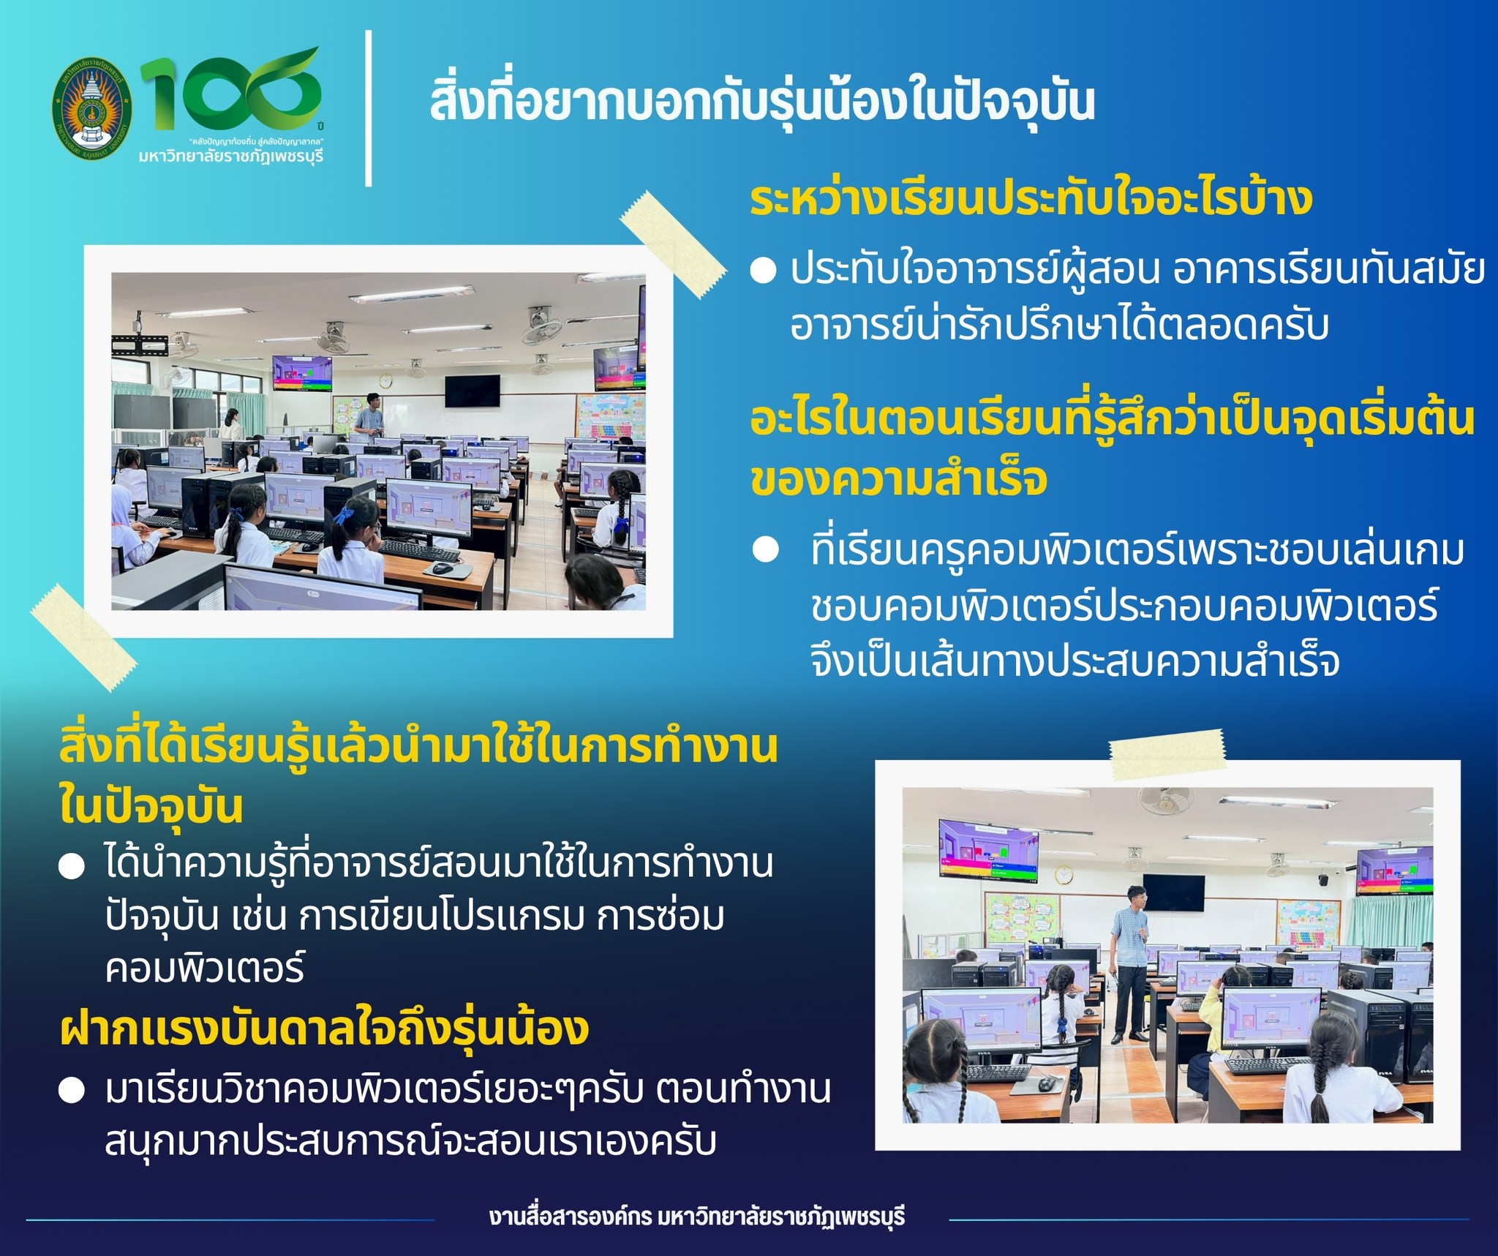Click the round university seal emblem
92,107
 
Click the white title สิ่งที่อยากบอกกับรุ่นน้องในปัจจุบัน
762,103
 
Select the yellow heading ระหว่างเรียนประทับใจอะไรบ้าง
1031,198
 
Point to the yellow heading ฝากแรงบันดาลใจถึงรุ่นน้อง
325,1028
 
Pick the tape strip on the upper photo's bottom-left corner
83,637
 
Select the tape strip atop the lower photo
1167,754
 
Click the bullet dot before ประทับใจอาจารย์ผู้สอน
763,271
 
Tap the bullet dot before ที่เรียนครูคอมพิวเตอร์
766,550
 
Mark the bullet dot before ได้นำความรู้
72,868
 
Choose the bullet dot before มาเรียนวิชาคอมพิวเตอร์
72,1091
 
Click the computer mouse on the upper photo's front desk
443,567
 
